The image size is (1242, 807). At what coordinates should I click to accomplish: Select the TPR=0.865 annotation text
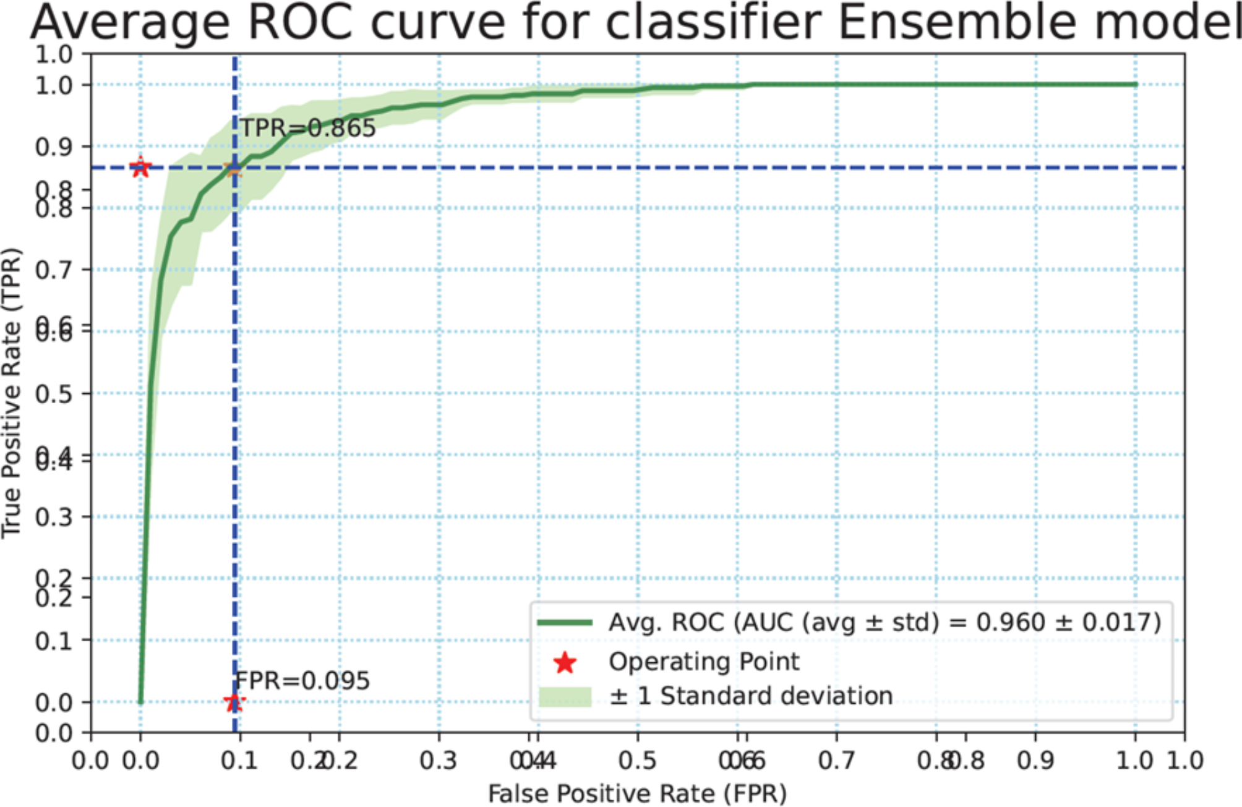308,128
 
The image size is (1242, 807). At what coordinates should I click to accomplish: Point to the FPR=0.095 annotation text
303,681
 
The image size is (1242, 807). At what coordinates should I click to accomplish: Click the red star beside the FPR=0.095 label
233,702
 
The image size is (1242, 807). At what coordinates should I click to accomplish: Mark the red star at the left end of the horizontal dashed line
141,167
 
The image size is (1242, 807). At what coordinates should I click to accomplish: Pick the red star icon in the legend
565,663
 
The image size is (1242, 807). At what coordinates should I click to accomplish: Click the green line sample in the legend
565,623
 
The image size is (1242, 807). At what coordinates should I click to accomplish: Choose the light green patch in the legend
565,697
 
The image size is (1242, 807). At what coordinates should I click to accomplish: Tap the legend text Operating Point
704,662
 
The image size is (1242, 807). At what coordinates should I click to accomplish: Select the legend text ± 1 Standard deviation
751,696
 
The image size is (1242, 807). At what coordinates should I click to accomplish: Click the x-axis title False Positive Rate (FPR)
637,793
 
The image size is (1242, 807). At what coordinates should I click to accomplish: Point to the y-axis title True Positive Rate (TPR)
12,393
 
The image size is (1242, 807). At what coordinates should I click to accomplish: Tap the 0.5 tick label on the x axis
637,760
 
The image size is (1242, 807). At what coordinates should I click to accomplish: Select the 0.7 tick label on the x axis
836,760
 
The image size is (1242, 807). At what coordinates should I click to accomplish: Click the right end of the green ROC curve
1135,85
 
